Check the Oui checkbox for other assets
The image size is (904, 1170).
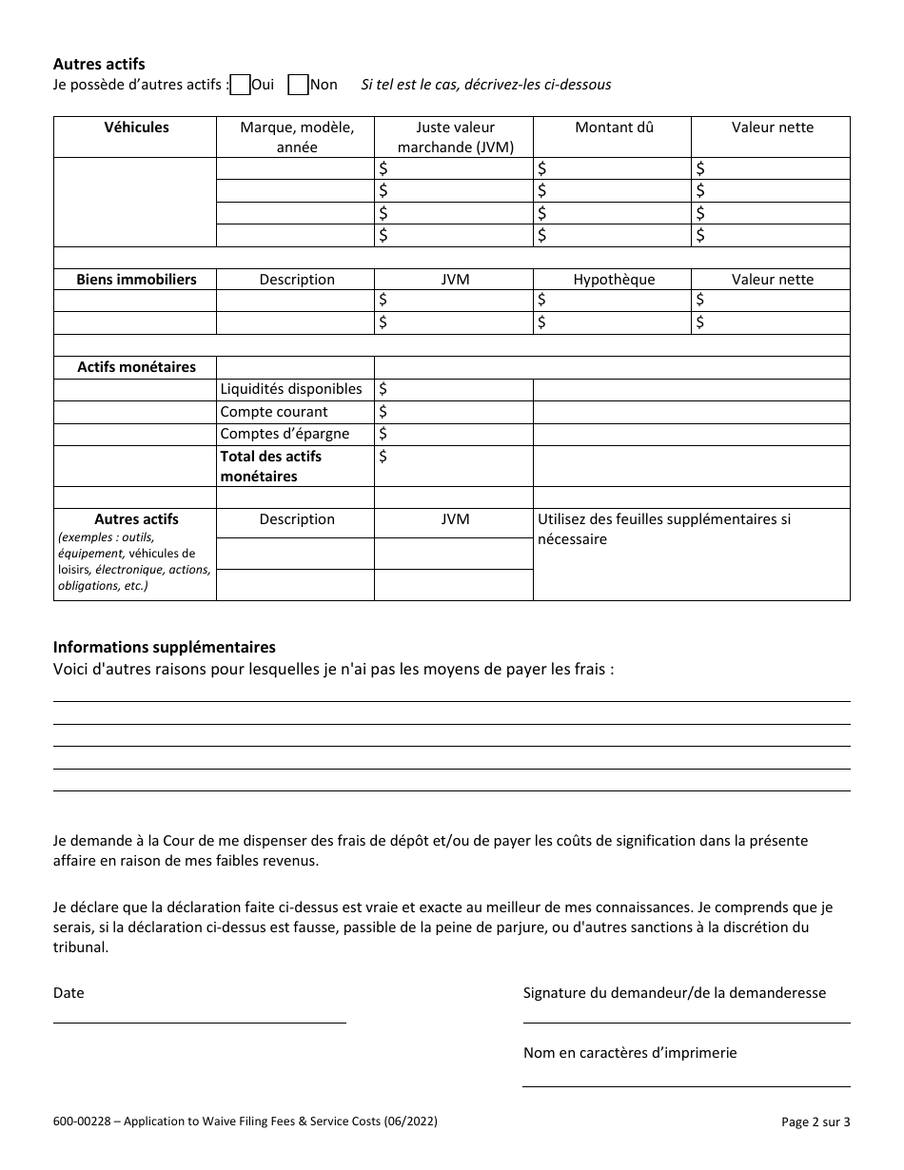tap(241, 85)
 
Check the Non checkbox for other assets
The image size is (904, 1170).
tap(298, 85)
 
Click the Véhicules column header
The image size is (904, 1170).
tap(136, 127)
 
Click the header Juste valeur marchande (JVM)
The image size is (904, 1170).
tap(455, 137)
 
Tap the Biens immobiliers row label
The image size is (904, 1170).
tap(136, 280)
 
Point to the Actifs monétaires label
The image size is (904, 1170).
tap(136, 367)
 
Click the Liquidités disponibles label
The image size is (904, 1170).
tap(291, 389)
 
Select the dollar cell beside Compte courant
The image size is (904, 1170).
tap(453, 412)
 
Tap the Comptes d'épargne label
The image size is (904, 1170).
tap(285, 434)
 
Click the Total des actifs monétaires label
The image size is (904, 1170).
tap(271, 466)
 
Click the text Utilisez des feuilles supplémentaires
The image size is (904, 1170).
tap(664, 520)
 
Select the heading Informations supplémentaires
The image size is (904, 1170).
tap(165, 648)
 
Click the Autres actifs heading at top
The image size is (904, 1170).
tap(99, 65)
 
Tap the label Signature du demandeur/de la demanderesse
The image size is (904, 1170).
tap(674, 993)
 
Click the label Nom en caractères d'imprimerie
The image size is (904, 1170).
tap(630, 1053)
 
